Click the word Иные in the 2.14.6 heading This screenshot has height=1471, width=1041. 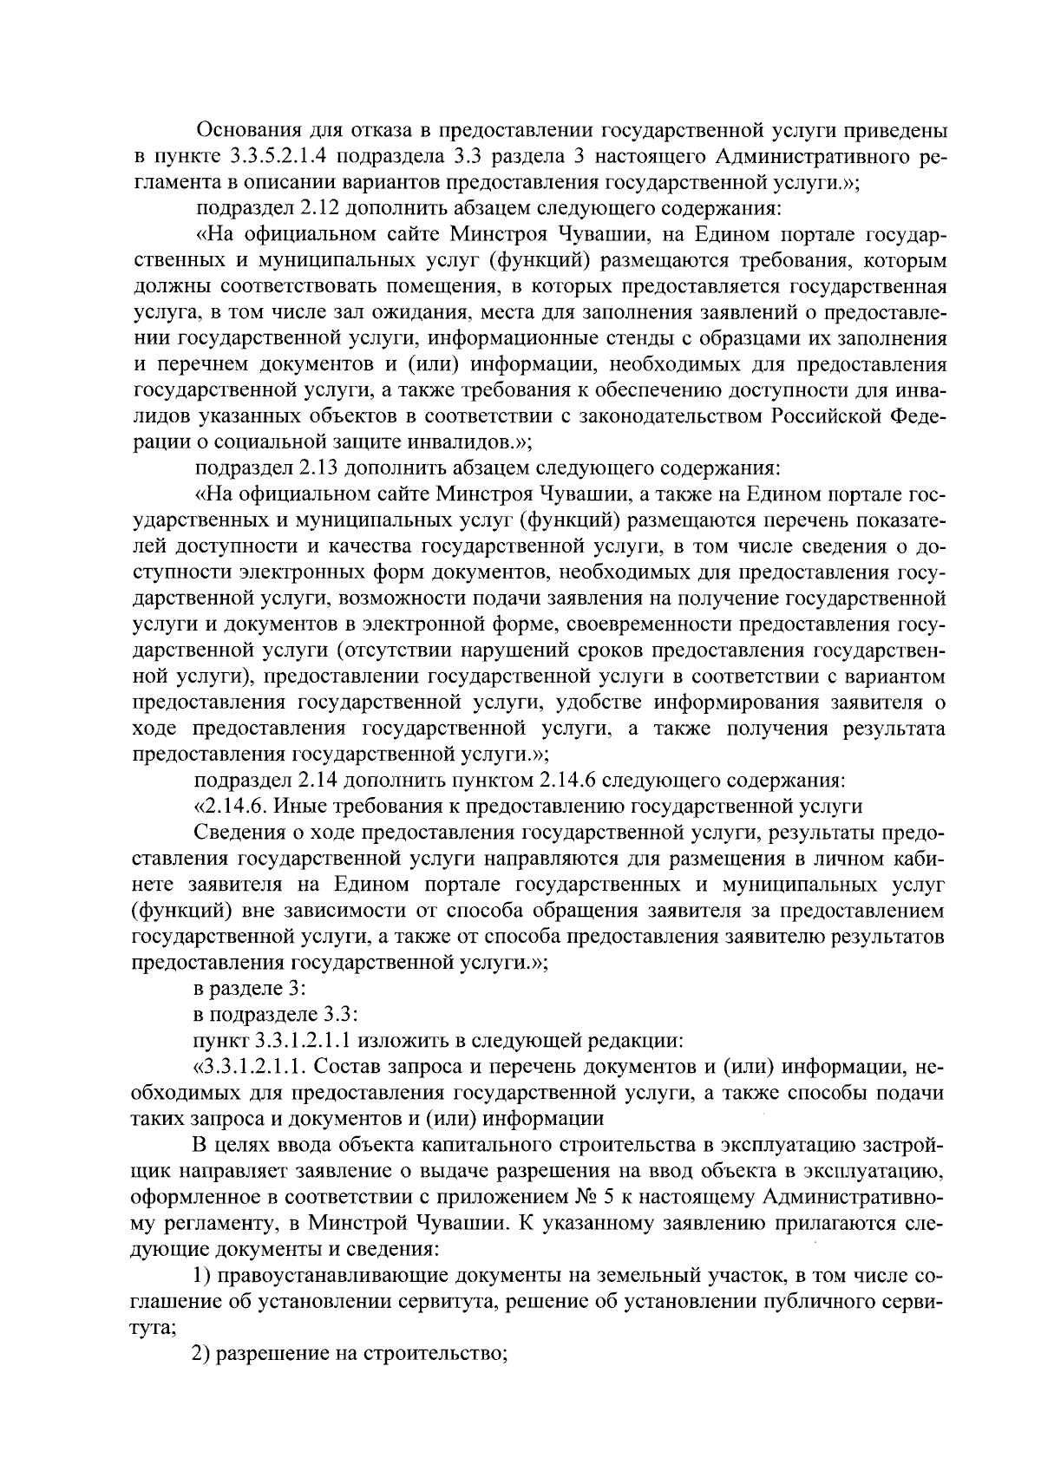300,807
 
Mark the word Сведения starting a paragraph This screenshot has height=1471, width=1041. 237,833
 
